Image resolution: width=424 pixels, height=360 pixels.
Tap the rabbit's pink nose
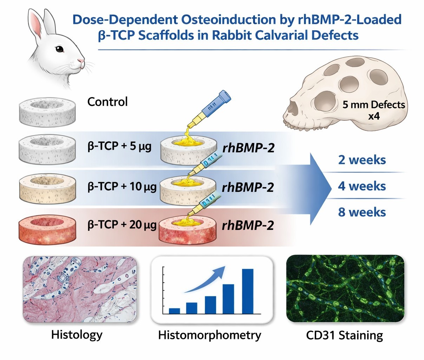pyautogui.click(x=82, y=62)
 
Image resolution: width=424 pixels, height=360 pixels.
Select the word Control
pyautogui.click(x=107, y=102)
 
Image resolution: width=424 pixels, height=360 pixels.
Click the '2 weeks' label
pyautogui.click(x=362, y=160)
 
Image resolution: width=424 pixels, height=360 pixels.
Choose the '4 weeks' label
pyautogui.click(x=362, y=186)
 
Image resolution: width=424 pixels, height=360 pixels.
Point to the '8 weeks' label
pyautogui.click(x=362, y=212)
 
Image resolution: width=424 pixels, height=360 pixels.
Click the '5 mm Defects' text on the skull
pyautogui.click(x=373, y=105)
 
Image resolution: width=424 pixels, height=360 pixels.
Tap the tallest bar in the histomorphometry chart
pyautogui.click(x=248, y=291)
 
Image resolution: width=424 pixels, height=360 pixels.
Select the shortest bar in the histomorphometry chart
pyautogui.click(x=174, y=311)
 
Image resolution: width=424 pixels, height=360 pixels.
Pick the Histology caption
pyautogui.click(x=77, y=334)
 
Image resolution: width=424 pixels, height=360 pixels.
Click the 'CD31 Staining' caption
pyautogui.click(x=344, y=335)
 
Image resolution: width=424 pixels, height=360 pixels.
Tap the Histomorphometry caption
pyautogui.click(x=210, y=335)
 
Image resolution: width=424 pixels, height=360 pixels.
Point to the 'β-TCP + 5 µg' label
pyautogui.click(x=119, y=146)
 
